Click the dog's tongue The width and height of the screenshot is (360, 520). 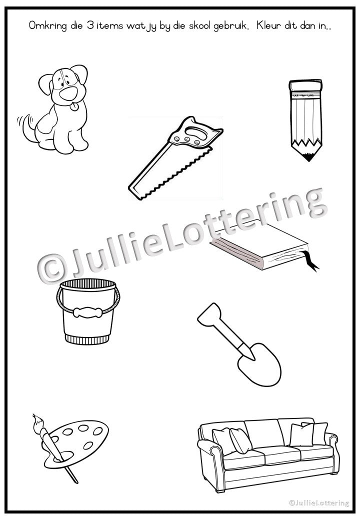pyautogui.click(x=75, y=107)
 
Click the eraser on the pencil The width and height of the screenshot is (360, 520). pyautogui.click(x=305, y=86)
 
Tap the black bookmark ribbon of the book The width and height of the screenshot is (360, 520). pyautogui.click(x=311, y=261)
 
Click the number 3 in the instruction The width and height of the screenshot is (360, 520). pyautogui.click(x=90, y=25)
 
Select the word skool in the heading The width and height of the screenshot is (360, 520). pyautogui.click(x=199, y=25)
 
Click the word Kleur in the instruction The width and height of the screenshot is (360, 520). pyautogui.click(x=268, y=25)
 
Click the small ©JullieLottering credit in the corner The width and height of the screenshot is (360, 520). pyautogui.click(x=319, y=503)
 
